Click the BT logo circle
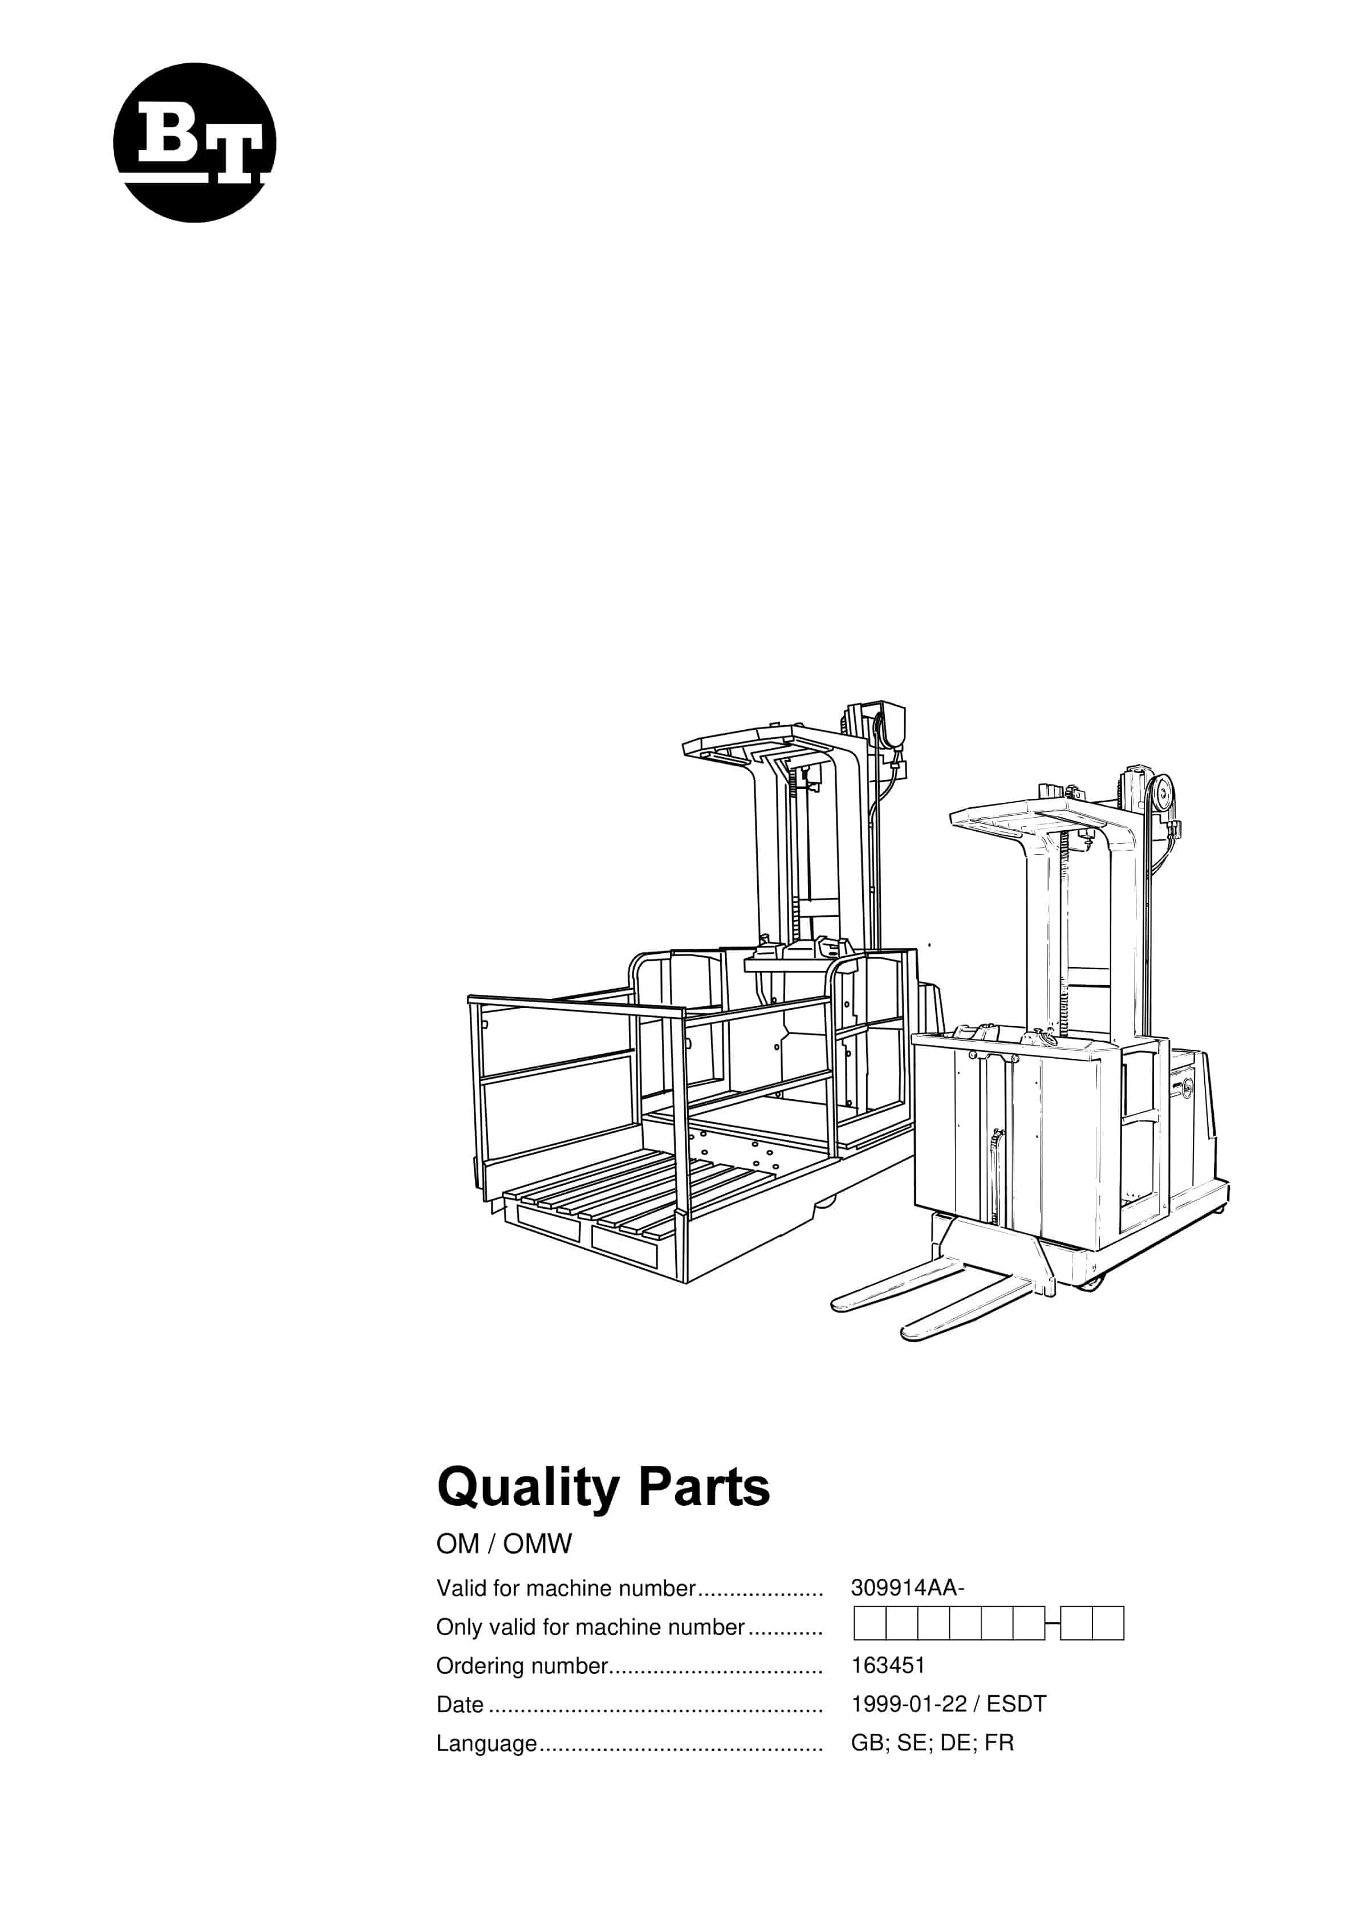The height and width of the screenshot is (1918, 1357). coord(194,143)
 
